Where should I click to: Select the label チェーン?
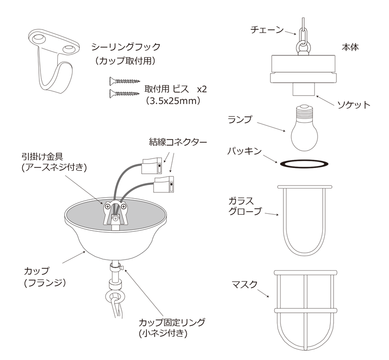(267, 30)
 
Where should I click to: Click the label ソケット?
(354, 105)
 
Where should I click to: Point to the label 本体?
(350, 47)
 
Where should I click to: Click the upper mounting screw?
(125, 81)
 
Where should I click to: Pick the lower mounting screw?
(125, 93)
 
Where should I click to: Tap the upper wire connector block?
(152, 165)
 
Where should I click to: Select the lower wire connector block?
(164, 184)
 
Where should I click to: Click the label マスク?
(245, 284)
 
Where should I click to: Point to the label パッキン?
(245, 151)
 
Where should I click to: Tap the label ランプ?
(240, 120)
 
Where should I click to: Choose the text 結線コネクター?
(178, 142)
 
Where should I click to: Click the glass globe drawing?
(305, 221)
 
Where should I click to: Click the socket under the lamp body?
(303, 89)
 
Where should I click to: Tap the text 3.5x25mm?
(173, 101)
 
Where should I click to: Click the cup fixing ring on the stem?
(115, 268)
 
